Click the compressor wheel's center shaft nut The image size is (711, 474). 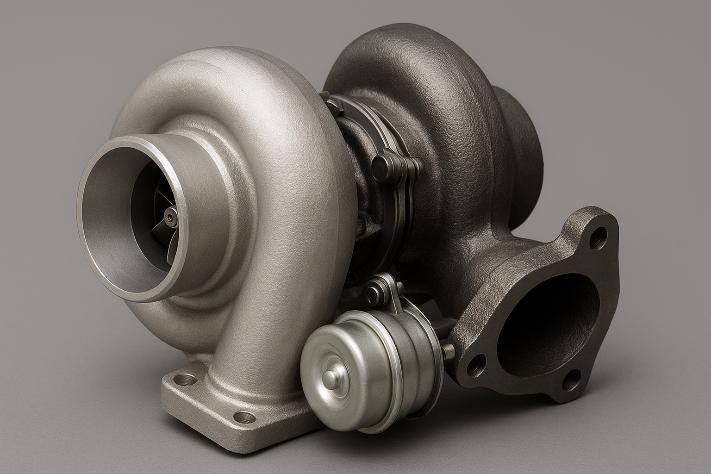[x=172, y=215]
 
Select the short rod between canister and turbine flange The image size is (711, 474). [x=448, y=349]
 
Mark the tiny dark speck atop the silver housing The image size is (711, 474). [x=241, y=92]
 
